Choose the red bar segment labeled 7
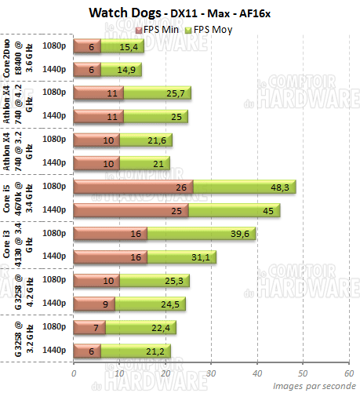89,327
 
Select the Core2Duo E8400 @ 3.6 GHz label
23,58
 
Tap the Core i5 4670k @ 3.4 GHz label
23,198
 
